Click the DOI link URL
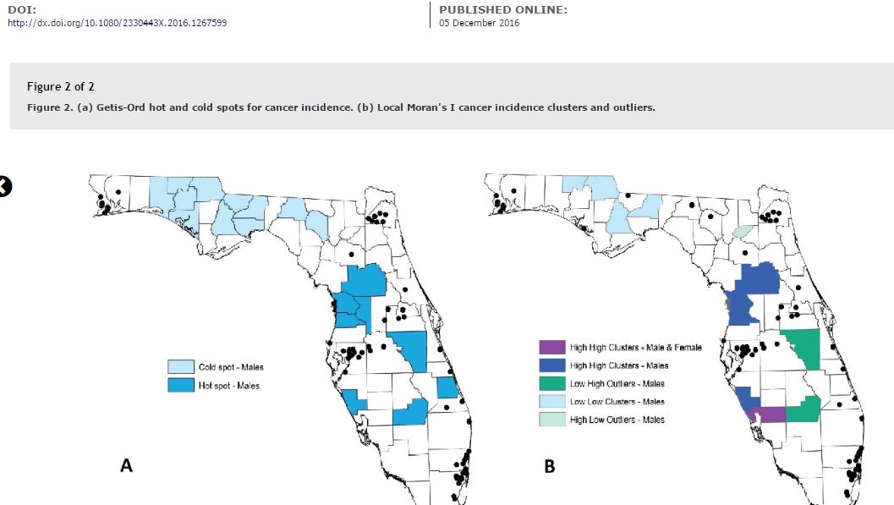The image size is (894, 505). coord(117,23)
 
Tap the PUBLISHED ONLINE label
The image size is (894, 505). coord(502,9)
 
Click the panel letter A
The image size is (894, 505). coord(126,465)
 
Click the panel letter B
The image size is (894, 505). coord(550,465)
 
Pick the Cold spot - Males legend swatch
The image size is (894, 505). coord(178,367)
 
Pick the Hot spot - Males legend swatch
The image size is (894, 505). coord(178,386)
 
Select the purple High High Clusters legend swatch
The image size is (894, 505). coord(551,348)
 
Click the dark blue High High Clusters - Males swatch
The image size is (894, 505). coord(551,365)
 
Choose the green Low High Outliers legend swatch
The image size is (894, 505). coord(551,384)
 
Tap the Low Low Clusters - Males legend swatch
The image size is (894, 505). coord(551,402)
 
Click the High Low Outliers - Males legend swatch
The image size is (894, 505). coord(551,420)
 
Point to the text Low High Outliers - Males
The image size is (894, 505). coord(617,384)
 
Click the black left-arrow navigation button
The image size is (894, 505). coord(5,187)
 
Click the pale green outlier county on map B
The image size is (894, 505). coord(743,230)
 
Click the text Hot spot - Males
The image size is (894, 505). coord(228,386)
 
